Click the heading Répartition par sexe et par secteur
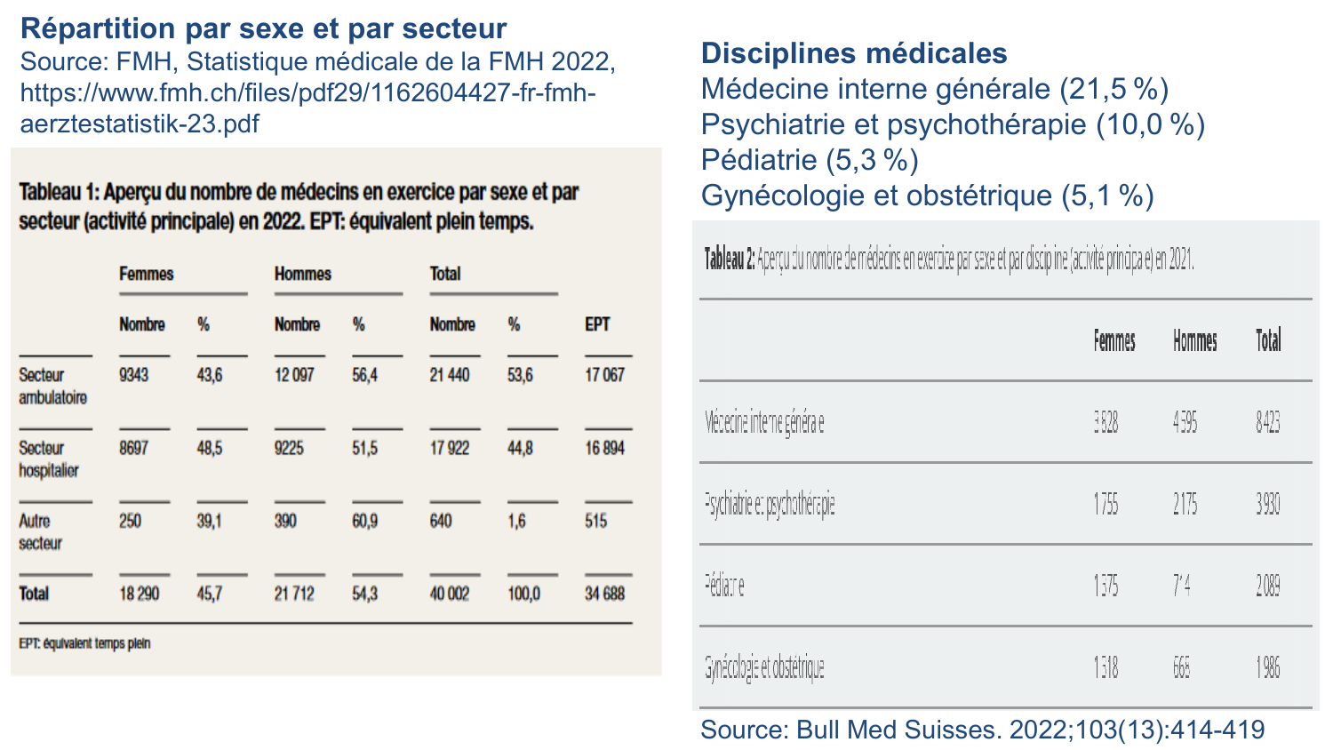point(263,28)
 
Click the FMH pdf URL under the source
point(307,108)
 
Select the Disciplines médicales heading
point(853,53)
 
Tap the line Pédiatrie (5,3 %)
point(809,160)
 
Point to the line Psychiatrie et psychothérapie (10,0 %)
point(952,124)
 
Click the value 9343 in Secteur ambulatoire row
point(134,375)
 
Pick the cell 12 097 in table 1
point(294,375)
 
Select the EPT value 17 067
point(604,375)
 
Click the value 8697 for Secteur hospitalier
point(134,448)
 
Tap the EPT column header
point(597,324)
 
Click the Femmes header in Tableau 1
point(147,274)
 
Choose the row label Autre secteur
point(41,531)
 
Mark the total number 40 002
point(450,594)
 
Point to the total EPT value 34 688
point(604,594)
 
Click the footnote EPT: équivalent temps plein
point(84,643)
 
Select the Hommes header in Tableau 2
point(1194,340)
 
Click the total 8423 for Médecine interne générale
point(1267,422)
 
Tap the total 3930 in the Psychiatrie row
point(1267,505)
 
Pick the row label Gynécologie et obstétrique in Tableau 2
point(764,667)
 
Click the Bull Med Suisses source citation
point(982,730)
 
